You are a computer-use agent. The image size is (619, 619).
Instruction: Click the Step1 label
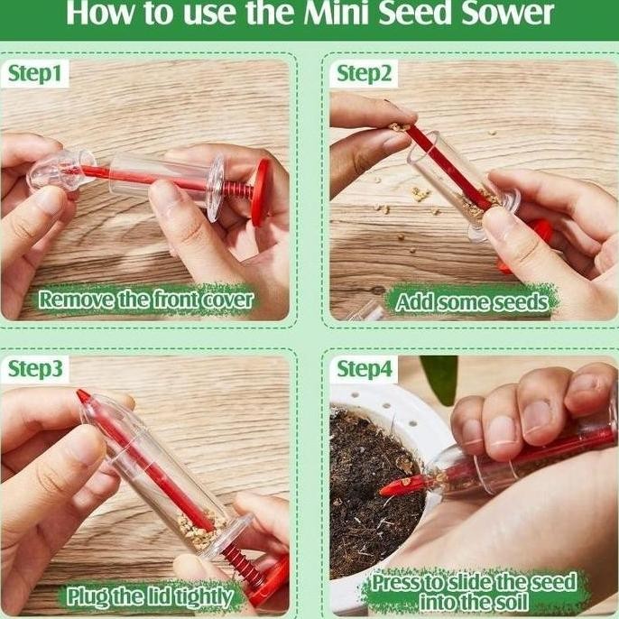click(36, 73)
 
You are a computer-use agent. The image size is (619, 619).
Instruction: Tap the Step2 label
click(365, 73)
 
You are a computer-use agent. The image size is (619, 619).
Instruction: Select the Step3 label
click(36, 369)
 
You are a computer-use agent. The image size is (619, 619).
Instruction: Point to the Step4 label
click(365, 369)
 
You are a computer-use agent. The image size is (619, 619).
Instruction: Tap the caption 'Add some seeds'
click(472, 301)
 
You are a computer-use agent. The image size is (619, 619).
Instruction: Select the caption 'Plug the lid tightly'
click(148, 596)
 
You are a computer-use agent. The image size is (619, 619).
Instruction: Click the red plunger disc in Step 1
click(260, 192)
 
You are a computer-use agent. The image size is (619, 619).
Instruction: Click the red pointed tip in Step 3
click(84, 396)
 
